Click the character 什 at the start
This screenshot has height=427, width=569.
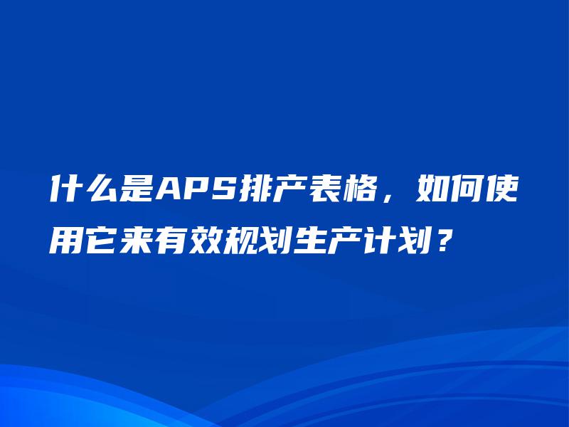pos(65,190)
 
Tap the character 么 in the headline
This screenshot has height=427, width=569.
pos(102,190)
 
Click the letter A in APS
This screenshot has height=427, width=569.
pos(170,191)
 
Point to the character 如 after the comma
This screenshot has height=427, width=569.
pos(433,190)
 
